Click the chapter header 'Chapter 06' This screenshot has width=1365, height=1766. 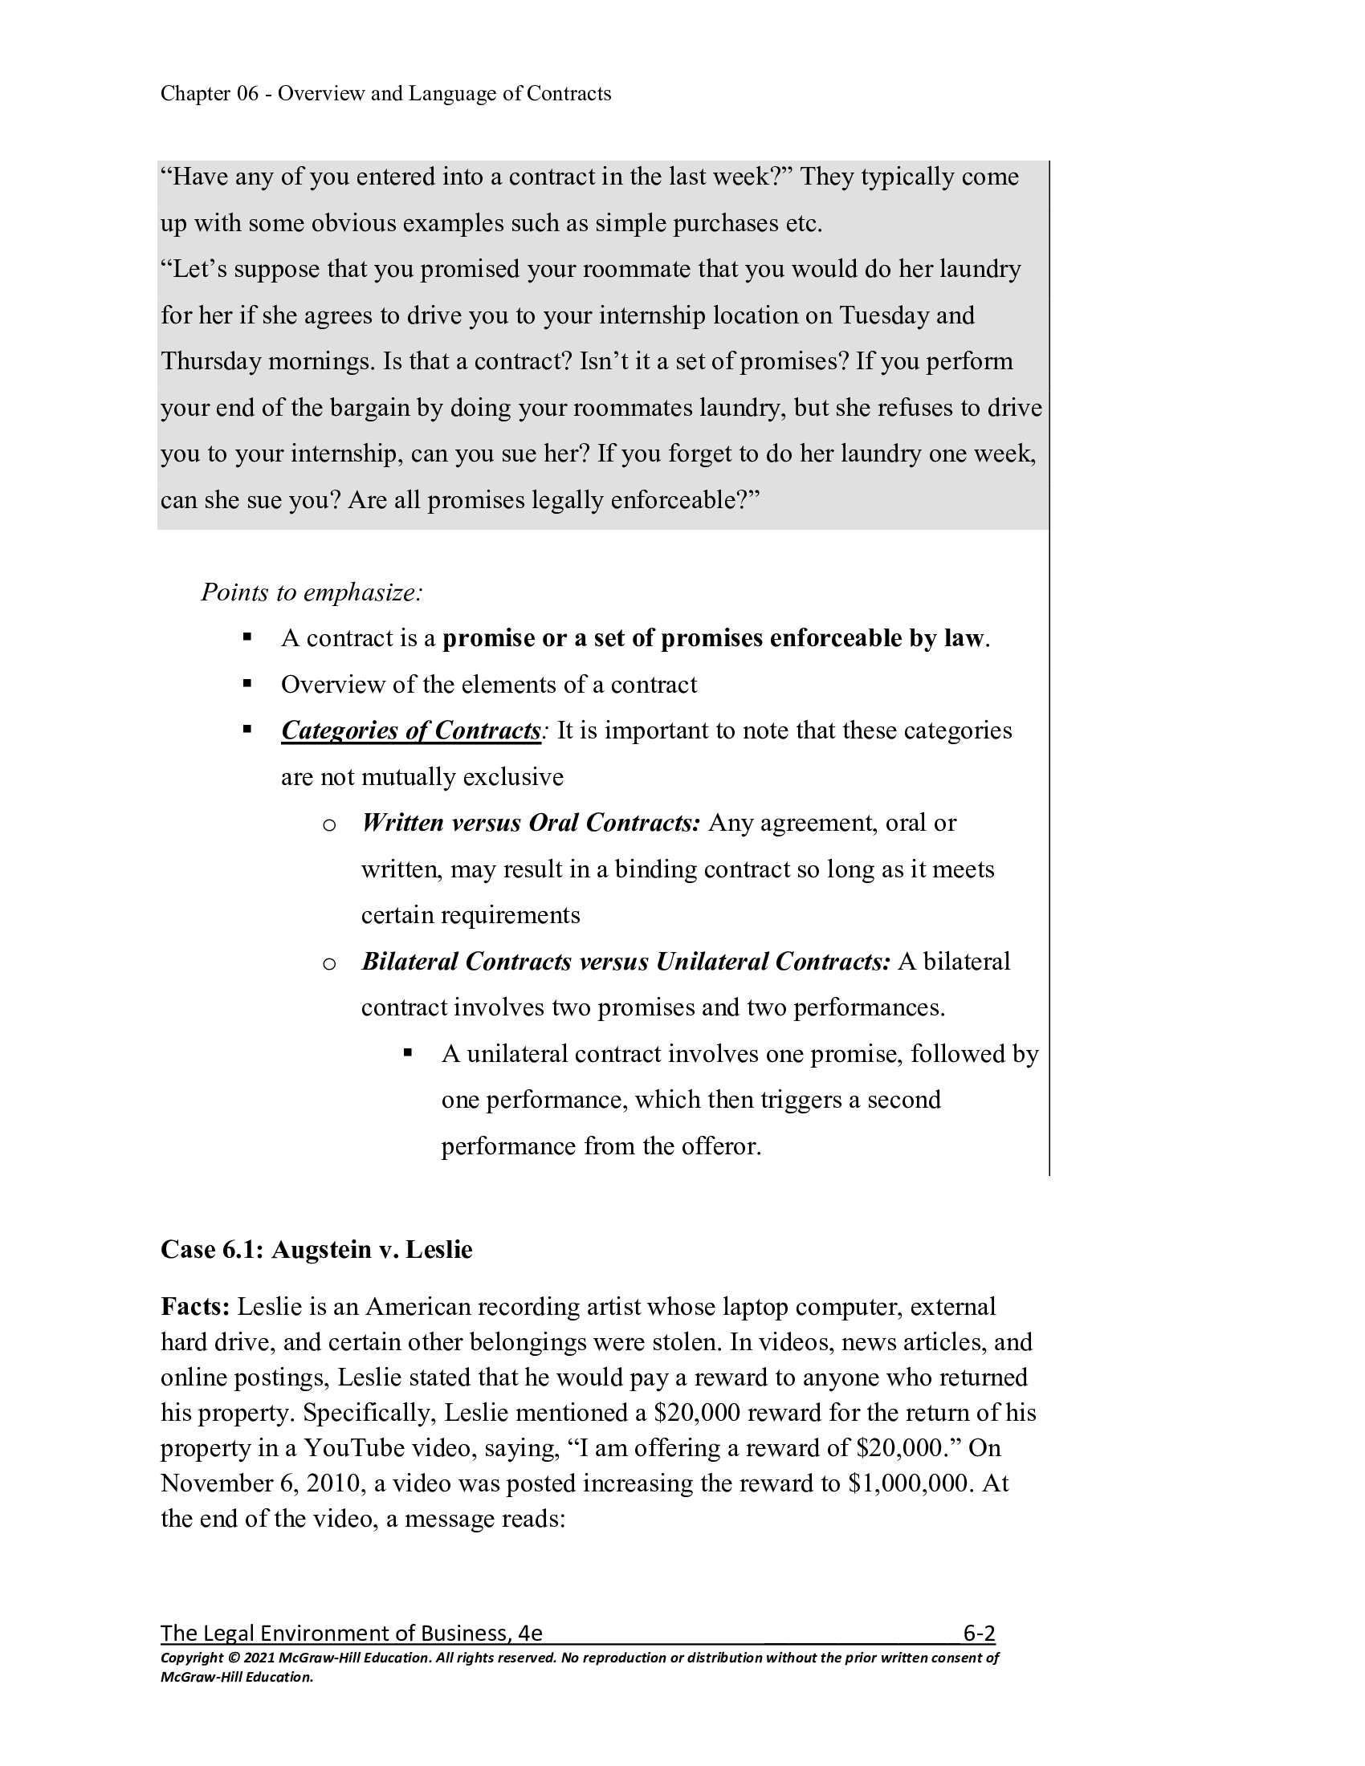(210, 94)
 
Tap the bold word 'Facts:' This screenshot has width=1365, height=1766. (196, 1307)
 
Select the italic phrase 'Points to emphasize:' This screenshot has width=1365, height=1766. (312, 592)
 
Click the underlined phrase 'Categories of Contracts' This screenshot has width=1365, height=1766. (410, 731)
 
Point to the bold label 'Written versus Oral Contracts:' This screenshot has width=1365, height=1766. (531, 823)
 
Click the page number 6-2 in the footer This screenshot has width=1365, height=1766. (979, 1634)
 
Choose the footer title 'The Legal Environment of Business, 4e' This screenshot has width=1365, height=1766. (351, 1634)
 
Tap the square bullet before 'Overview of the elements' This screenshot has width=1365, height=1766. (247, 684)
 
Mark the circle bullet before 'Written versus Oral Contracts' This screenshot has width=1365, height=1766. (329, 825)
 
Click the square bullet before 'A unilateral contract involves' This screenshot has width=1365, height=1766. (409, 1053)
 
